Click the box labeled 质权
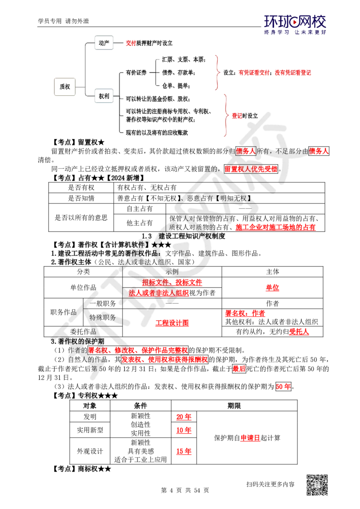[x=65, y=86]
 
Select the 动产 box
[x=103, y=43]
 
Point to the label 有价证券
[x=137, y=72]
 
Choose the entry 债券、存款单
[x=178, y=72]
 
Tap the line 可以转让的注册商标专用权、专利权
[x=169, y=111]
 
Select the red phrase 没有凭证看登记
[x=294, y=72]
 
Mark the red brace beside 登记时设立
[x=226, y=115]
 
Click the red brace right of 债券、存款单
[x=218, y=72]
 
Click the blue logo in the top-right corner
[x=295, y=24]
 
